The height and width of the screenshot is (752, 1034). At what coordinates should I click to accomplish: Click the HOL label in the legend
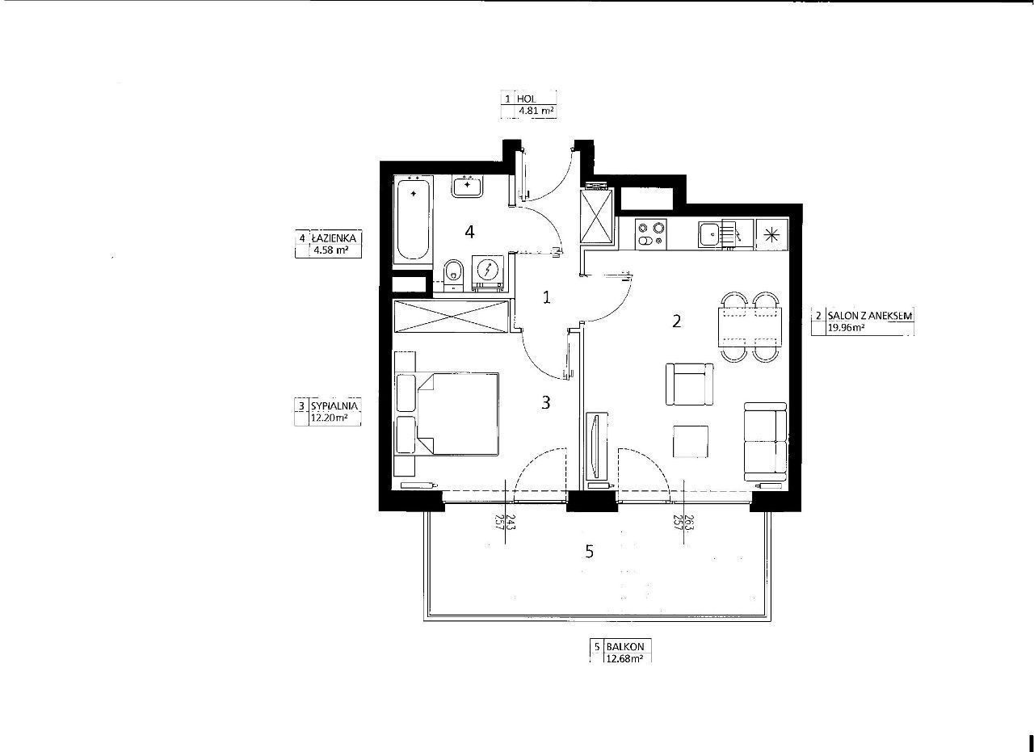526,99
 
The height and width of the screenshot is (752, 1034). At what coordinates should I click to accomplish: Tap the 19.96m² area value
846,328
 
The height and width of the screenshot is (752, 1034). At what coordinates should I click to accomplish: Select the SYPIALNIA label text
334,405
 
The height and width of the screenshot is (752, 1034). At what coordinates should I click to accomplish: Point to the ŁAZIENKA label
334,238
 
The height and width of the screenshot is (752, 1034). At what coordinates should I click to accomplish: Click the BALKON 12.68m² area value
624,659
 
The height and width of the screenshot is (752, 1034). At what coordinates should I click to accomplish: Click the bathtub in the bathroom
413,221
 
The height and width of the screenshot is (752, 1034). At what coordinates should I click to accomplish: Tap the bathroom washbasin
468,187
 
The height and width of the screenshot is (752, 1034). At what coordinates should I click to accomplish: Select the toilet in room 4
453,275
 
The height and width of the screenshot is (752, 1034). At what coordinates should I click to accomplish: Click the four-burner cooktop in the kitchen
651,234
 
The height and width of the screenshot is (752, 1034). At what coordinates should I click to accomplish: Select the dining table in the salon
750,327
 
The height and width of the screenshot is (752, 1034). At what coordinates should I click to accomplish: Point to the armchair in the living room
690,384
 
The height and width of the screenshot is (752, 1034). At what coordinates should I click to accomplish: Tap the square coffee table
691,442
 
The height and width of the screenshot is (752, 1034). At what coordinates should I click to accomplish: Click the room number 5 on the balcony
589,552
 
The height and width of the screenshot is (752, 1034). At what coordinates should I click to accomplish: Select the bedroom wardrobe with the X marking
451,316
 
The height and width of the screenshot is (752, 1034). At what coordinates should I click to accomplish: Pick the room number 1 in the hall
547,298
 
